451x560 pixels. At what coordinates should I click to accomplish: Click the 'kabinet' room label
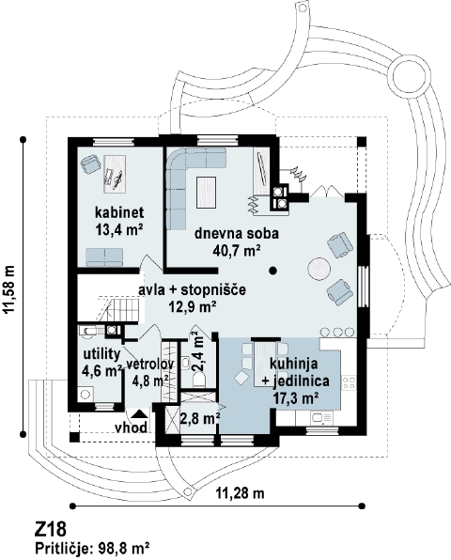point(119,212)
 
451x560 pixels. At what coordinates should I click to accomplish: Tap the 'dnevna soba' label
point(237,234)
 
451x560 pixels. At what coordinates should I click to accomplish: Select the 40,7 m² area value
point(236,251)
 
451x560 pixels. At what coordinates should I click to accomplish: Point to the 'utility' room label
point(101,354)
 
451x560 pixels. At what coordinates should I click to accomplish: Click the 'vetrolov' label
point(150,365)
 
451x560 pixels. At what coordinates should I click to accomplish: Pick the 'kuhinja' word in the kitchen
point(293,364)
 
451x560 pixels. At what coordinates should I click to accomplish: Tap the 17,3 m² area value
point(296,397)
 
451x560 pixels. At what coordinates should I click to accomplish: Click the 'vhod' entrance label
point(131,428)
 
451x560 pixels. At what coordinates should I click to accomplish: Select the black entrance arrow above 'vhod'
point(138,413)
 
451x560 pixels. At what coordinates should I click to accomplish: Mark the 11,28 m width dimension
point(240,493)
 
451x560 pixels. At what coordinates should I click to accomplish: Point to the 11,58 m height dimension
point(10,289)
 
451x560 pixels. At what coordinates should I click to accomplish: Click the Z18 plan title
point(51,530)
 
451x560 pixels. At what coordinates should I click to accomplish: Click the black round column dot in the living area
point(273,271)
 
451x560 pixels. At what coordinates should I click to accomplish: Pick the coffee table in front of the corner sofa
point(207,192)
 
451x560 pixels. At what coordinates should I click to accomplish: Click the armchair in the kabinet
point(90,163)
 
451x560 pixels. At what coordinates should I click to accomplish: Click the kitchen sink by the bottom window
point(321,417)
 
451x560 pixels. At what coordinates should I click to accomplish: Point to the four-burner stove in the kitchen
point(349,382)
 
